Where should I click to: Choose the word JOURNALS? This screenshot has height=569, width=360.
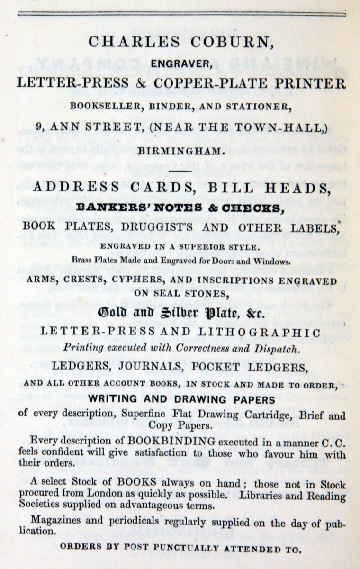(153, 368)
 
